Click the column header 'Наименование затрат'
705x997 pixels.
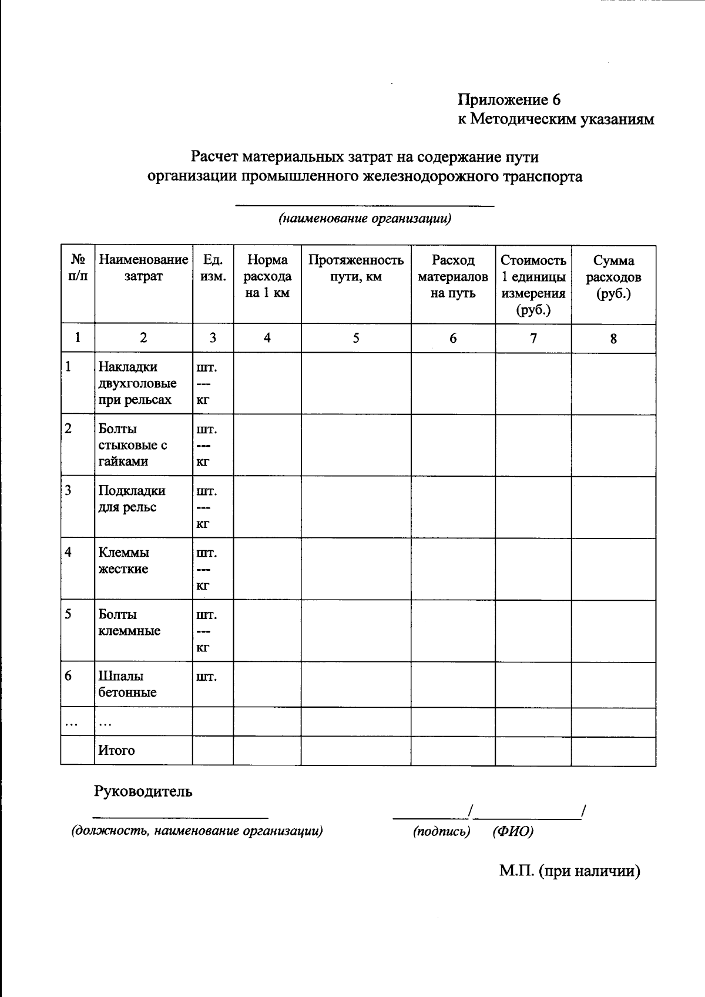[143, 268]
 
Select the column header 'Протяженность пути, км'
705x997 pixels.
[356, 268]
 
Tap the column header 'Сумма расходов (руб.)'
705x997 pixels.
[613, 277]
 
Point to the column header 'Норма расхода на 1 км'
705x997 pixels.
[267, 276]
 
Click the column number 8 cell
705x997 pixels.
[613, 339]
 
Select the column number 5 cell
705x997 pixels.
[356, 338]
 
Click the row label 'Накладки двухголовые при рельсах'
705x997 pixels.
[137, 383]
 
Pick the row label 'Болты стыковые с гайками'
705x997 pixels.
[132, 445]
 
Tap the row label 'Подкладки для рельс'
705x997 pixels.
[132, 498]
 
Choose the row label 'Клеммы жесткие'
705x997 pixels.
[124, 560]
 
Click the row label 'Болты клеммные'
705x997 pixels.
[129, 623]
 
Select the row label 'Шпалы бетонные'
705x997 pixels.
[127, 684]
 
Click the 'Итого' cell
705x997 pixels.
[116, 751]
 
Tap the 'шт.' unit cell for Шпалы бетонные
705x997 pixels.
[206, 677]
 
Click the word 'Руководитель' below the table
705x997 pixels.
[143, 791]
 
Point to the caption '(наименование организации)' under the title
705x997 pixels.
[365, 219]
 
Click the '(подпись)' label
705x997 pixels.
[442, 831]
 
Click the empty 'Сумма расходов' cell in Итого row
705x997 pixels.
[613, 751]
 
